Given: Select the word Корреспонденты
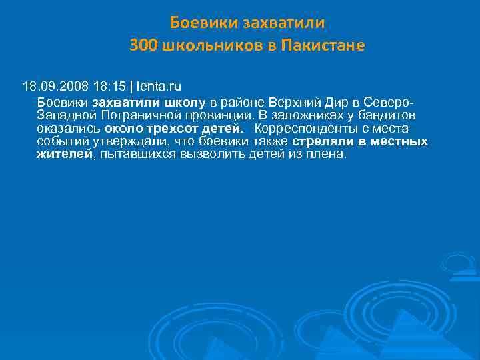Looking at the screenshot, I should (x=305, y=129).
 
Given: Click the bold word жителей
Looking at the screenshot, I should (x=63, y=154).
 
